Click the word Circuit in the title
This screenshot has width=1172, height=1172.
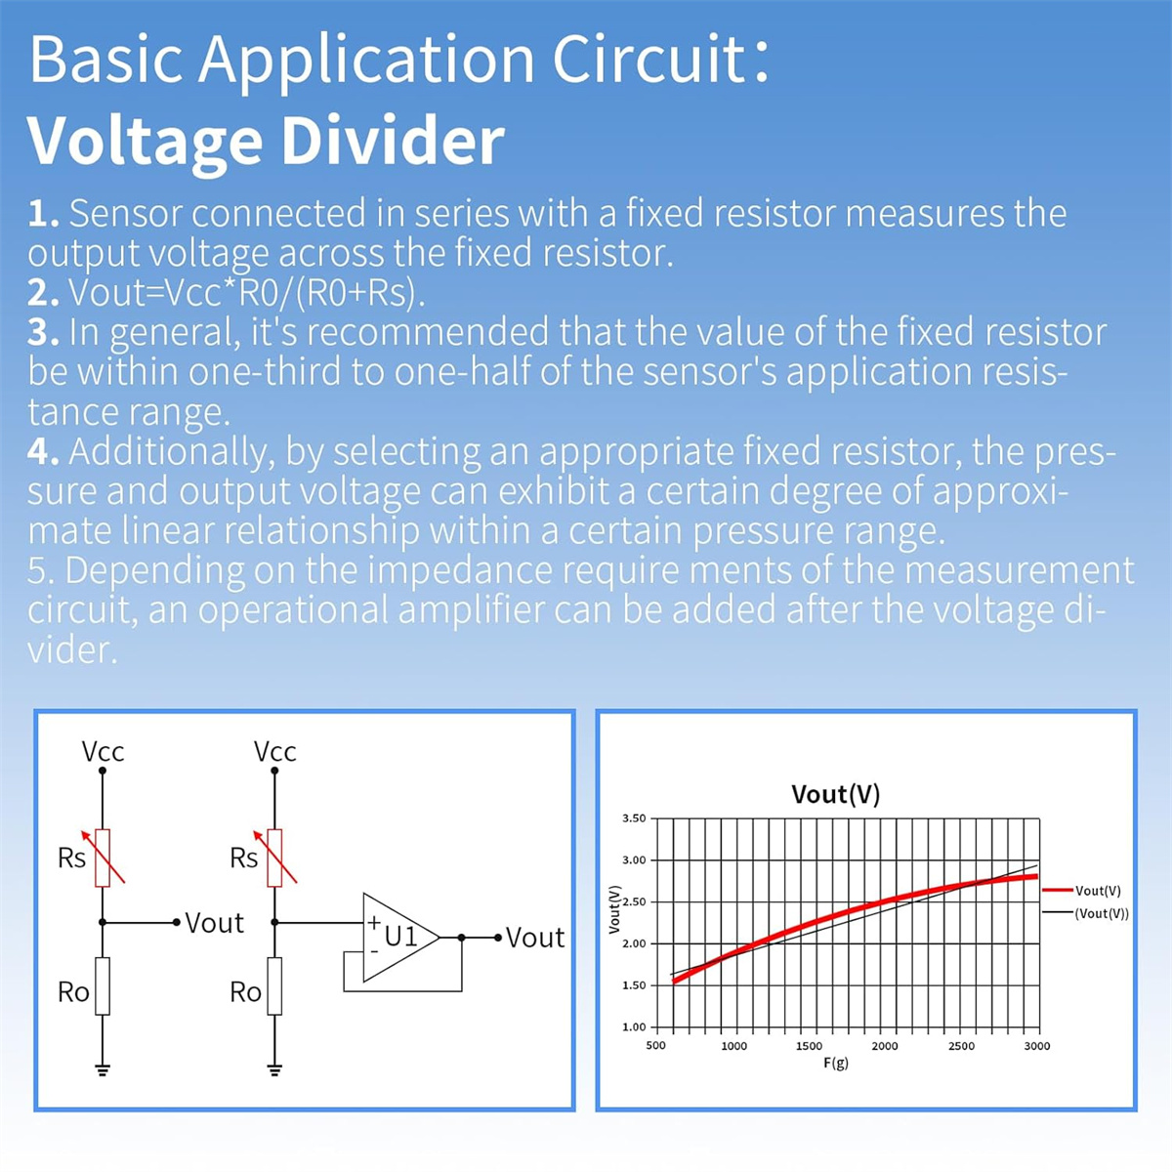click(649, 60)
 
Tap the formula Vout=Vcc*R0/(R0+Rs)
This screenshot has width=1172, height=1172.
click(246, 293)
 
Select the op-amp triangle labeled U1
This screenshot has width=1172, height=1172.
click(400, 938)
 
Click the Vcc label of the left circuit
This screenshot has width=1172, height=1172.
click(103, 752)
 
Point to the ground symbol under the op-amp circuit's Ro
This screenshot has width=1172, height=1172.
click(274, 1071)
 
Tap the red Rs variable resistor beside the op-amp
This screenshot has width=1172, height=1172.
click(274, 858)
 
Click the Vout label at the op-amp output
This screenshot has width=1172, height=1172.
click(534, 938)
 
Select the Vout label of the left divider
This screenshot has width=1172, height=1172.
click(214, 923)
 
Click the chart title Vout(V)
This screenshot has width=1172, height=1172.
click(836, 794)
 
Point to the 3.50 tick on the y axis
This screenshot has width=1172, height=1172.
click(634, 818)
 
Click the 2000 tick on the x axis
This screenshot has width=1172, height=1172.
click(884, 1046)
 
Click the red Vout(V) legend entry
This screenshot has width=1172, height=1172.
click(1081, 891)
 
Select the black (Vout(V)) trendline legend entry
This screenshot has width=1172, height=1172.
click(1086, 913)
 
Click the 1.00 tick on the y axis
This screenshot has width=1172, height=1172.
click(634, 1026)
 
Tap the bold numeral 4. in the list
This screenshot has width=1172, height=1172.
click(43, 452)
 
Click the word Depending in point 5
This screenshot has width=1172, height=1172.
click(154, 571)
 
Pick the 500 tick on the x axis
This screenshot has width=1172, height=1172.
click(655, 1046)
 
